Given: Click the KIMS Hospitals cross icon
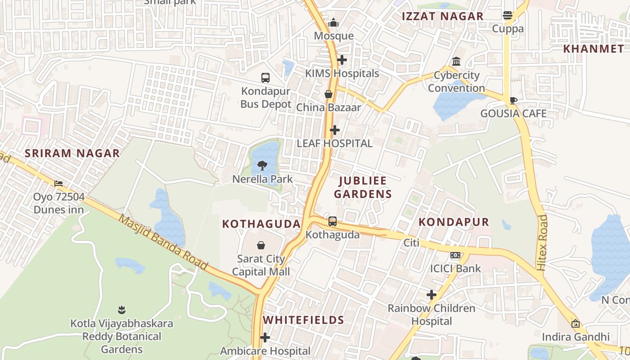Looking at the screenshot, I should coord(342,59).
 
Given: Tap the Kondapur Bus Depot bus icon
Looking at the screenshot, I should coord(265,77).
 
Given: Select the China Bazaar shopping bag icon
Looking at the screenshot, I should coord(328,94).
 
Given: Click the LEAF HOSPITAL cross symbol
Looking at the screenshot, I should coord(335,130).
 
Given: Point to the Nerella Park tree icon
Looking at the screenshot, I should coord(262,166).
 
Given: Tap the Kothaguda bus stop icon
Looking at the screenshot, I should coord(333,221).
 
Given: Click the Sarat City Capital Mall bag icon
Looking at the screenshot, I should coord(261,245).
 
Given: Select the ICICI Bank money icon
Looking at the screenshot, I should coord(455,255).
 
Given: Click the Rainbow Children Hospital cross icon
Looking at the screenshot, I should coord(432,295).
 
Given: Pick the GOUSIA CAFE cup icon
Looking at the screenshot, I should coord(513,100).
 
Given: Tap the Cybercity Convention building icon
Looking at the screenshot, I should coord(456,61).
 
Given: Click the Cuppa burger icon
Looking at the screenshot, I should coord(508,16).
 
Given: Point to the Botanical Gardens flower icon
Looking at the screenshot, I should coord(121,310).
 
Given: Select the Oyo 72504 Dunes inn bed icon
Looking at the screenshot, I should coord(58,183).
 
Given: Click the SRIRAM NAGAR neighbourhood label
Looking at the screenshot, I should coord(72,153).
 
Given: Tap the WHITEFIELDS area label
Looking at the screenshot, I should coord(304,320).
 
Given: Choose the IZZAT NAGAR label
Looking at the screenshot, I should coord(443,16).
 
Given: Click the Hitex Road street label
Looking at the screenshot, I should coord(543,243).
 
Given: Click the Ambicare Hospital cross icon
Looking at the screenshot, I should coord(265,337).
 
